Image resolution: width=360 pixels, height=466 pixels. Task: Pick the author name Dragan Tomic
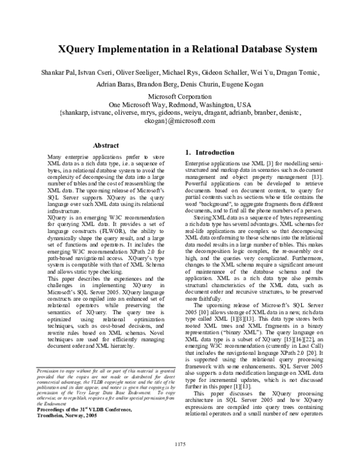coord(312,73)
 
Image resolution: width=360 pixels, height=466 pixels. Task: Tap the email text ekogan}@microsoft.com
coord(180,121)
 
